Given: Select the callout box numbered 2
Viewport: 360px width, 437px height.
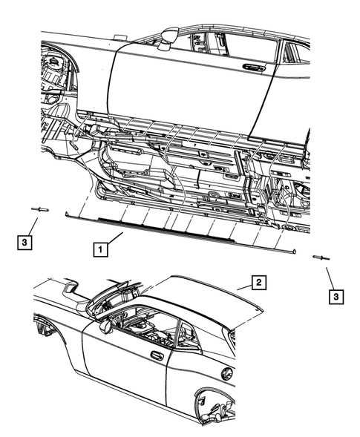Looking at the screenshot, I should [258, 282].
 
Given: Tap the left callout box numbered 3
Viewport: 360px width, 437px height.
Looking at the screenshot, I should [25, 241].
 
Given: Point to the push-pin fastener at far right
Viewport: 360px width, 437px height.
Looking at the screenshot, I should [322, 257].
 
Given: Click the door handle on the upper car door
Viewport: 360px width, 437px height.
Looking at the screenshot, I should [255, 68].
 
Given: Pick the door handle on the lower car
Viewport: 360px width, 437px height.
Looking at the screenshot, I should [157, 355].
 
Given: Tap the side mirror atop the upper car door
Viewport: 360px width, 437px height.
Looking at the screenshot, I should [168, 34].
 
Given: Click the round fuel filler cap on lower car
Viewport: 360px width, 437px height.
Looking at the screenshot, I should [227, 374].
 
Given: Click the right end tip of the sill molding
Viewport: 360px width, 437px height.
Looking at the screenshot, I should [295, 252].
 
